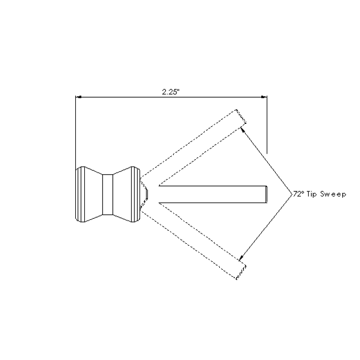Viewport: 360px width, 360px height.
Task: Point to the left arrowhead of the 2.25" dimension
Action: pyautogui.click(x=79, y=97)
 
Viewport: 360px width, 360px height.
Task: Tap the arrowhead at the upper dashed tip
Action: pyautogui.click(x=243, y=129)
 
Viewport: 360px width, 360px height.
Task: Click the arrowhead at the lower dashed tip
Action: pyautogui.click(x=242, y=258)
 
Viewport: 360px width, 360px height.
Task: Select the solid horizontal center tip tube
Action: pyautogui.click(x=212, y=193)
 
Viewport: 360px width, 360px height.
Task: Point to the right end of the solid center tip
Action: pyautogui.click(x=266, y=193)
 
